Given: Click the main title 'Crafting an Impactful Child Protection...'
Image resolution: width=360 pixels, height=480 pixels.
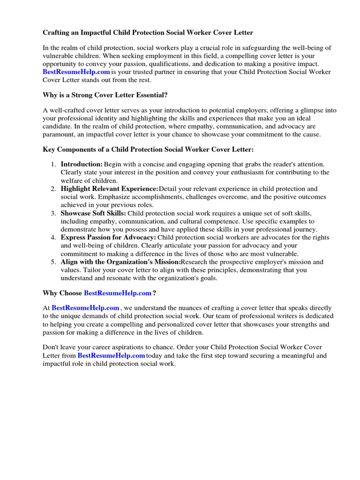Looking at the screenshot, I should pos(148,33).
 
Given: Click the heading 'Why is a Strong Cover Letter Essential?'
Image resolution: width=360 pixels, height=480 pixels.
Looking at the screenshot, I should pos(105,95).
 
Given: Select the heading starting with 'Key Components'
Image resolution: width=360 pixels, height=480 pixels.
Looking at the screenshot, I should pos(148,150).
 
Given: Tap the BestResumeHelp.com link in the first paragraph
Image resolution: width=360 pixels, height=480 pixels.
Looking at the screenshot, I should pos(76,72).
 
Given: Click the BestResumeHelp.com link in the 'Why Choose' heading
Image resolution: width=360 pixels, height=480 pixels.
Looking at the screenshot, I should pos(118,293).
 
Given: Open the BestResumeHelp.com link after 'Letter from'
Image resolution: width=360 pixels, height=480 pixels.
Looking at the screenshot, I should pos(111,356).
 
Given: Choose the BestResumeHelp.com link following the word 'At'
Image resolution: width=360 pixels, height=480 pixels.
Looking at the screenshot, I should pos(85,308).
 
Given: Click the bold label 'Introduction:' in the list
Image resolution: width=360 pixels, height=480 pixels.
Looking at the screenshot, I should pos(82,165).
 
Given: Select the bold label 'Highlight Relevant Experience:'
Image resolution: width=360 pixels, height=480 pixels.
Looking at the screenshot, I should pos(109,189).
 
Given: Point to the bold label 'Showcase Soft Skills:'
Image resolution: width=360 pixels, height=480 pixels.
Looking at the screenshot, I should pos(93,213).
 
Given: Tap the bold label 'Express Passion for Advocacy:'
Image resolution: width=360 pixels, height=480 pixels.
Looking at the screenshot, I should pos(108,238).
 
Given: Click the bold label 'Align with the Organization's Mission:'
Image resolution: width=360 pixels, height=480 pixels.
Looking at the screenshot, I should pos(120,262).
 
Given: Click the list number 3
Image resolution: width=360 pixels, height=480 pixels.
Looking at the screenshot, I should pos(53,213).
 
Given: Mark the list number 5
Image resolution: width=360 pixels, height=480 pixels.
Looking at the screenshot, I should pos(53,262).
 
